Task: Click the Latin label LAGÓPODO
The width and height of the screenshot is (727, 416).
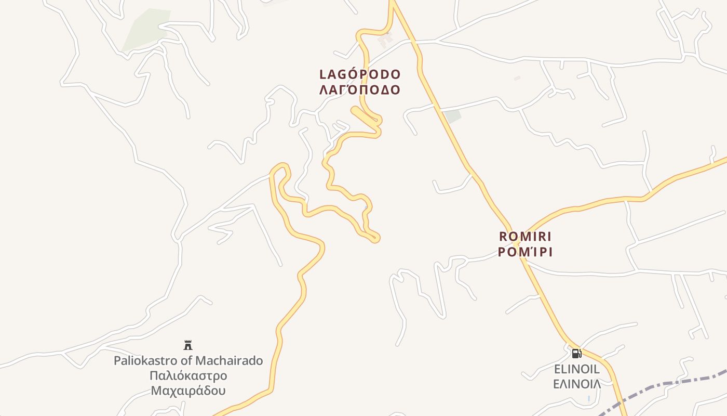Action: [x=360, y=74]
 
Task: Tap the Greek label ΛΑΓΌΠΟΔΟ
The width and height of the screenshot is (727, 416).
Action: [x=360, y=90]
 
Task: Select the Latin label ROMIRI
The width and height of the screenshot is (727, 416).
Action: [x=525, y=237]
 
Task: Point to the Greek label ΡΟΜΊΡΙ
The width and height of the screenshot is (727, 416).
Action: [x=525, y=252]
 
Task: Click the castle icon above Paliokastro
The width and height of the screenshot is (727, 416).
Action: [x=188, y=345]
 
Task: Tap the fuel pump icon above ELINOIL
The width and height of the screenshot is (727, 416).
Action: [x=576, y=354]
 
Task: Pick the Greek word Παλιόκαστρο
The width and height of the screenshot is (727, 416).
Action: [x=188, y=375]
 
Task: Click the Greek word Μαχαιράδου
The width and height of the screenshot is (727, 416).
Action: [x=188, y=390]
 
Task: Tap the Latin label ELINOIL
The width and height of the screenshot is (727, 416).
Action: [x=576, y=369]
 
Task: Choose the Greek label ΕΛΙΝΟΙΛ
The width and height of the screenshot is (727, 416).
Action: [x=576, y=384]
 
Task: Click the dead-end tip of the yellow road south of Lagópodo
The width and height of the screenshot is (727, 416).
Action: [x=375, y=238]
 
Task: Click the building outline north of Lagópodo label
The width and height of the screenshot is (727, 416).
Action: [x=385, y=38]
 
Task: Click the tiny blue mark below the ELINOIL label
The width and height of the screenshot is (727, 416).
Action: [x=589, y=399]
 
